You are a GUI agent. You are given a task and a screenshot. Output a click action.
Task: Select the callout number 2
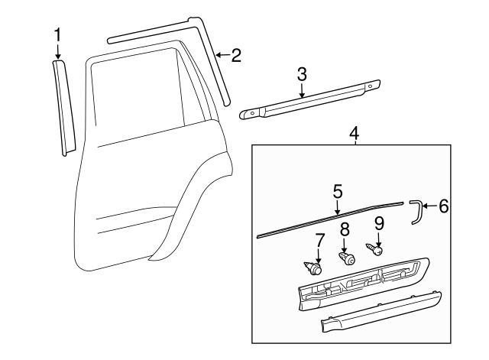(235, 54)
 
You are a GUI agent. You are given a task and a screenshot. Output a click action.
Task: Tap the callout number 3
(302, 73)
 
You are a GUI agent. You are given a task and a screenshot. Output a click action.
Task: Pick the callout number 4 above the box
(354, 134)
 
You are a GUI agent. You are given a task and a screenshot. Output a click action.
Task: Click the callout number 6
(442, 206)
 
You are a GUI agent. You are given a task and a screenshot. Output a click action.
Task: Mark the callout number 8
(345, 228)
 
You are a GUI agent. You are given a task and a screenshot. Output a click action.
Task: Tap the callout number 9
(378, 223)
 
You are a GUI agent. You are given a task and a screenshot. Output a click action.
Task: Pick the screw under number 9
(375, 249)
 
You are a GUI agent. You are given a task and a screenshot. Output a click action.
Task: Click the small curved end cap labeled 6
(416, 212)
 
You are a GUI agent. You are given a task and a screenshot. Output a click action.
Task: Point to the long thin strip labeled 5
(329, 219)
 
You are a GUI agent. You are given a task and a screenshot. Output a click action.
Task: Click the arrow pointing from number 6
(429, 206)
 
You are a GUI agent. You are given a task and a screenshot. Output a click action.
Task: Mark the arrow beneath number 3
(302, 90)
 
